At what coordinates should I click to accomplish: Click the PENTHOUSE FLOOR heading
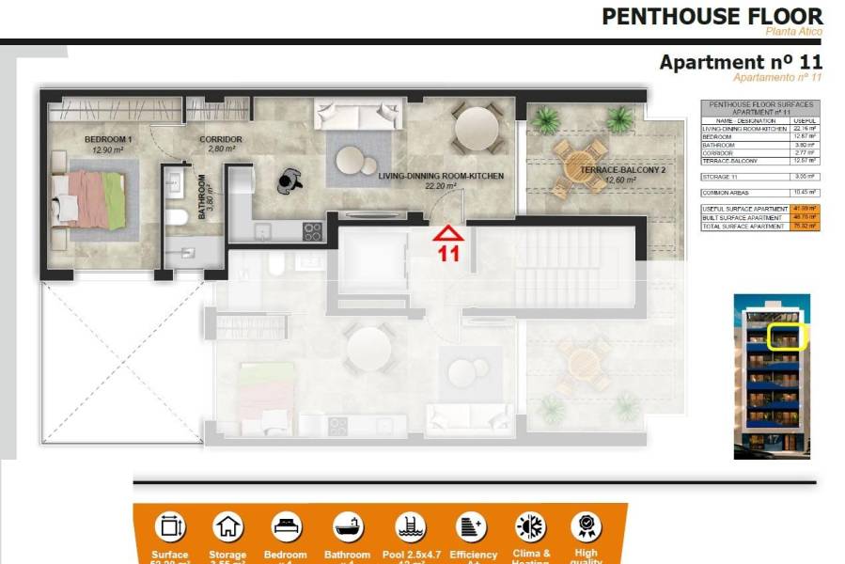[712, 16]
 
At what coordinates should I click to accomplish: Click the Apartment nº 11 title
[741, 62]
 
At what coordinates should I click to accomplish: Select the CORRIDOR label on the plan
[221, 139]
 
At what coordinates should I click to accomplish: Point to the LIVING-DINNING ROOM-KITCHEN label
[441, 176]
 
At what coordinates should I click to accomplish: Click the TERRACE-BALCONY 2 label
[609, 170]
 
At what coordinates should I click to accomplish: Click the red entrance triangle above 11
[448, 232]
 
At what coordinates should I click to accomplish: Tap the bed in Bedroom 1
[89, 197]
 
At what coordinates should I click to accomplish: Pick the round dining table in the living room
[477, 128]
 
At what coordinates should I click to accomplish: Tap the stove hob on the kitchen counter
[312, 230]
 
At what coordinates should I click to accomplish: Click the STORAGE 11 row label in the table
[722, 176]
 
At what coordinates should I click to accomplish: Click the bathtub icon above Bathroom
[345, 526]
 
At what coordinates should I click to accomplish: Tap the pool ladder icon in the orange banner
[409, 526]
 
